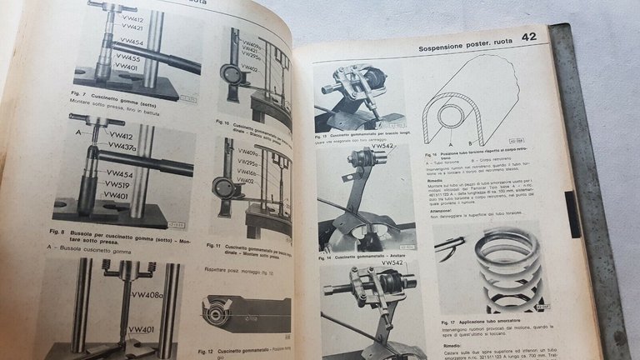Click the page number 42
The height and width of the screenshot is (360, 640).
[x=529, y=37]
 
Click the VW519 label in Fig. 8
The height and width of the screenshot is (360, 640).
[x=119, y=185]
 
